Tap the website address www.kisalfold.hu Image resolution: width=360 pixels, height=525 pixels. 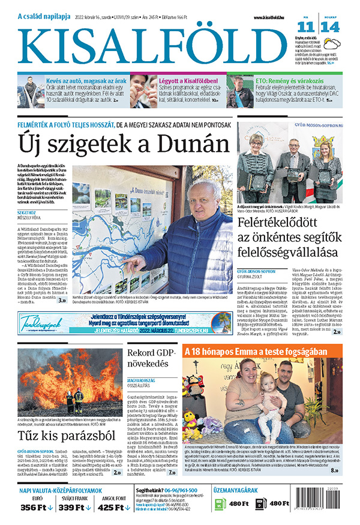tap(265, 17)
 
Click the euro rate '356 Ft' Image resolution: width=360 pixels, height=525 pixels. tap(36, 508)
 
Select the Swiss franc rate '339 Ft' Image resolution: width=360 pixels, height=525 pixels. tap(83, 508)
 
